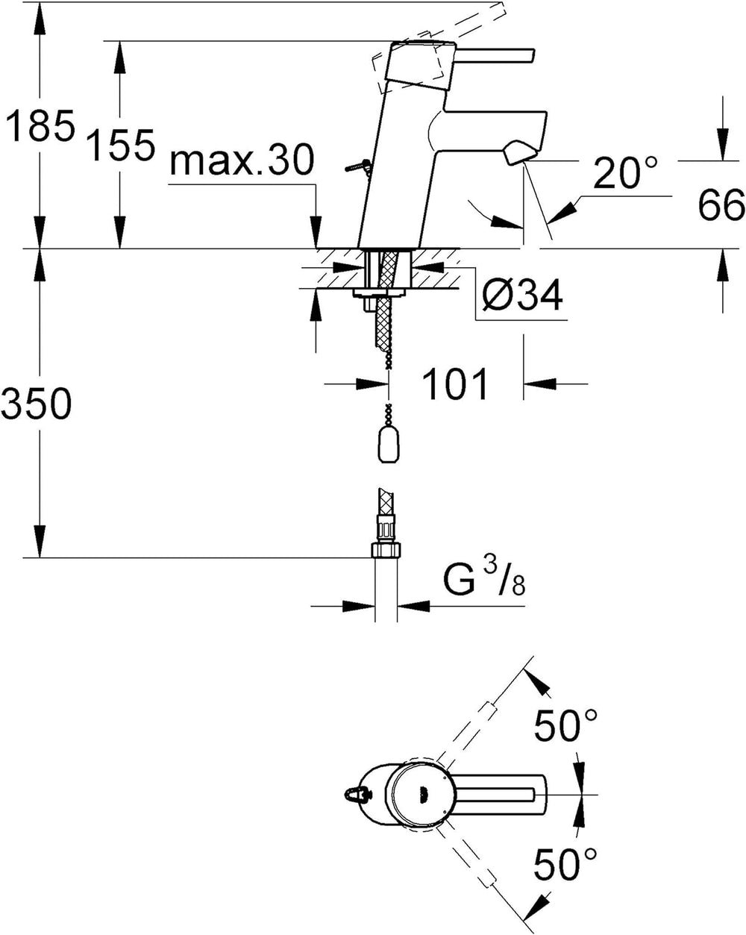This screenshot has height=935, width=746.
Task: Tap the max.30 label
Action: (242, 160)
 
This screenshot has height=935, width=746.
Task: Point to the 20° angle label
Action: (625, 172)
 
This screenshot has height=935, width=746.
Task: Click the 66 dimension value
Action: (721, 204)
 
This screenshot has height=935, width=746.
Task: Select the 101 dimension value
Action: (455, 384)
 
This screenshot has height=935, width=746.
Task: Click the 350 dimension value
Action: (36, 403)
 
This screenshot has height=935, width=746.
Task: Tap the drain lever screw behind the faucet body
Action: (357, 166)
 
